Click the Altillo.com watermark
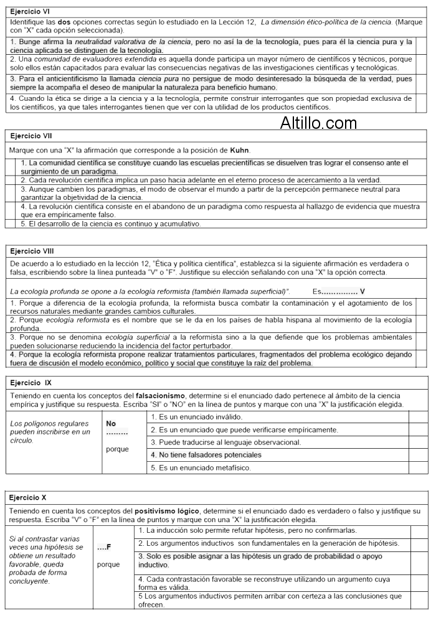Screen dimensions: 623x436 [x=318, y=123]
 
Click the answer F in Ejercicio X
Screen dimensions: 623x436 [x=108, y=547]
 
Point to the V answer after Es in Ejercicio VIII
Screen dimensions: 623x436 [x=363, y=291]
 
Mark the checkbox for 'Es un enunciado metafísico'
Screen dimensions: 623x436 [x=418, y=467]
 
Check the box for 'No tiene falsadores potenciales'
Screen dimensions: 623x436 [x=418, y=454]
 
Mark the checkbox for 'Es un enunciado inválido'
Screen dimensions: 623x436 [x=418, y=416]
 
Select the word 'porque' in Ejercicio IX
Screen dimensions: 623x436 [x=118, y=449]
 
